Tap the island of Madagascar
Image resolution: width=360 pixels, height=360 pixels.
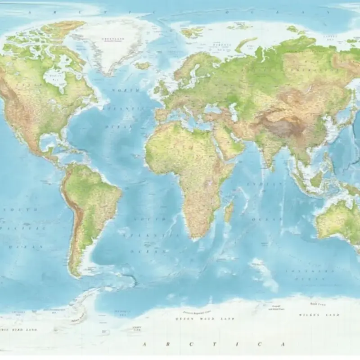(229, 211)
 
